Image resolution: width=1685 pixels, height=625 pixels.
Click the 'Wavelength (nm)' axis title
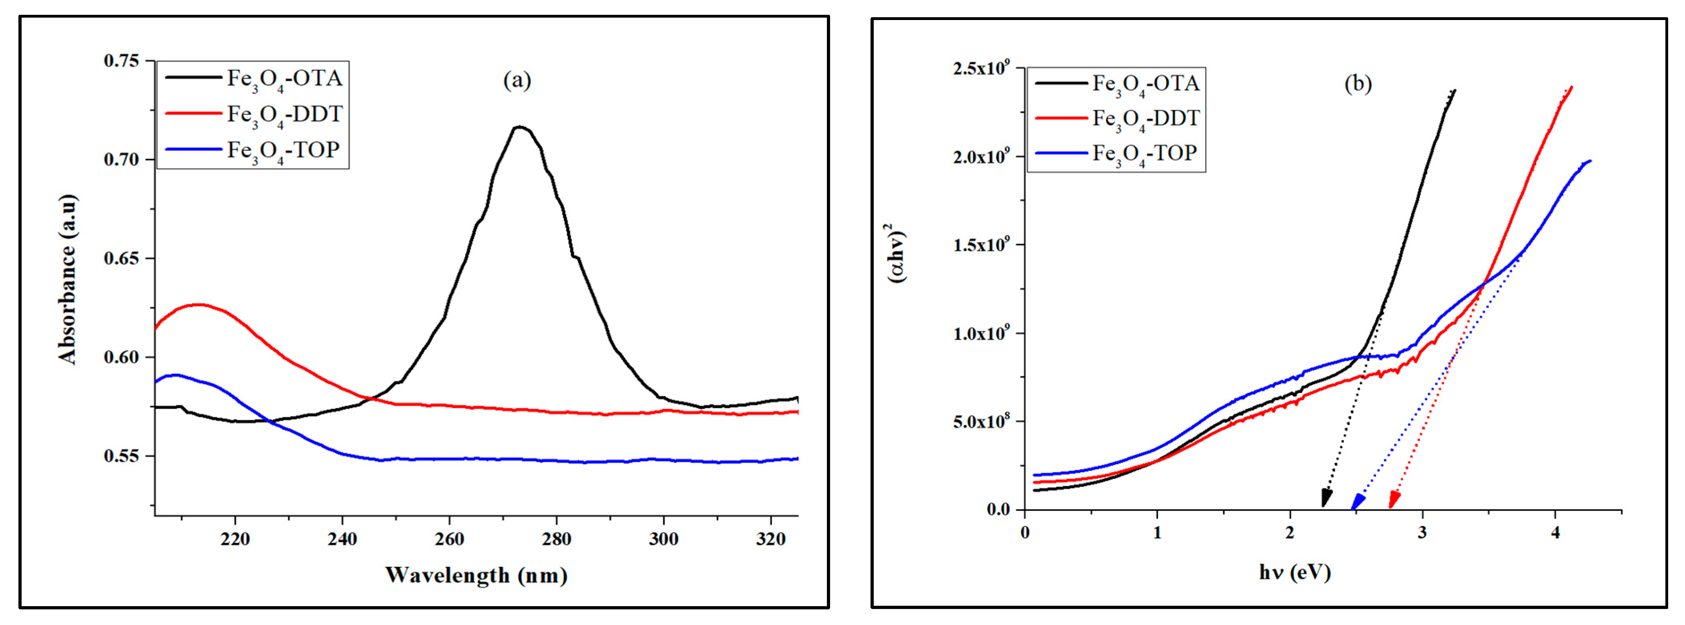[476, 575]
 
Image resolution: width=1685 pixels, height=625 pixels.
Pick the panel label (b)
[1358, 84]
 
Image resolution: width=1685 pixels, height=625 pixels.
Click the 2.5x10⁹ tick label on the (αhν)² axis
[981, 68]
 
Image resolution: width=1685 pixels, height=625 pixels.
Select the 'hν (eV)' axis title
[1295, 573]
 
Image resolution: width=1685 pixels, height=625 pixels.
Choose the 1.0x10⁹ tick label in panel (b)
[981, 333]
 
